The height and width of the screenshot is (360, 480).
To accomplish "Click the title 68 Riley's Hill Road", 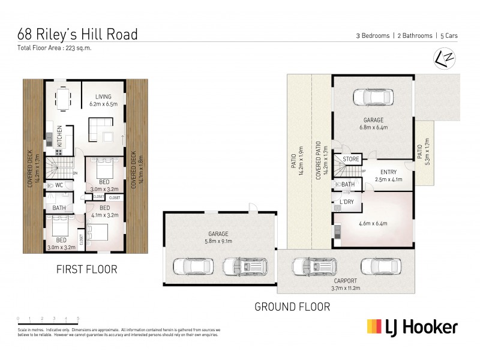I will (77, 34).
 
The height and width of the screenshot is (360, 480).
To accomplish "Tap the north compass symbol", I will (443, 58).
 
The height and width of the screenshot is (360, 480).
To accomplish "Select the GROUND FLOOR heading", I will (292, 307).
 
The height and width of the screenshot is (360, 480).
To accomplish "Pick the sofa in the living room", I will (100, 128).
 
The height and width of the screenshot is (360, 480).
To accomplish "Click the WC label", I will (59, 185).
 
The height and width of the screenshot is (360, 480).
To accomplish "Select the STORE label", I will (351, 160).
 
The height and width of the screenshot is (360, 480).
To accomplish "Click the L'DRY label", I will (347, 202).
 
